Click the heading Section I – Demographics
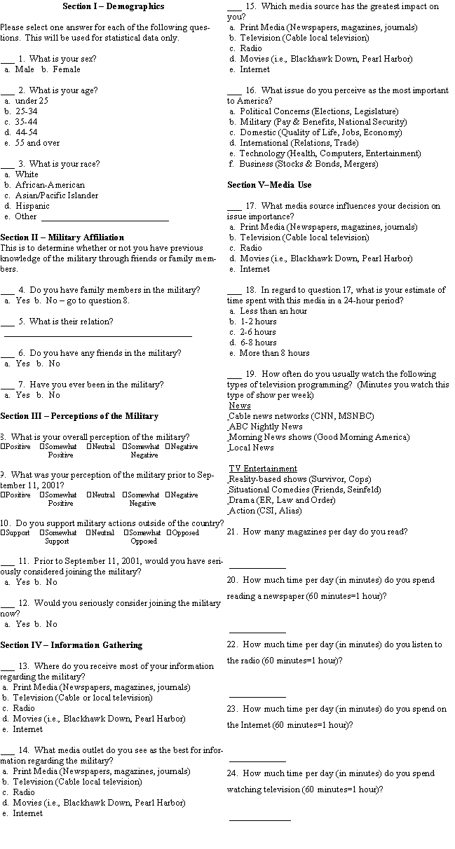114,6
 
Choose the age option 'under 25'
31,101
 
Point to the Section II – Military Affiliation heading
62,237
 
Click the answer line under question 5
97,336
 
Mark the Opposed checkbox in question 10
170,533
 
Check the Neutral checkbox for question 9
90,495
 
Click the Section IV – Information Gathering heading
71,645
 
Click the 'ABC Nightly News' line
266,427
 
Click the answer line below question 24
259,818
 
